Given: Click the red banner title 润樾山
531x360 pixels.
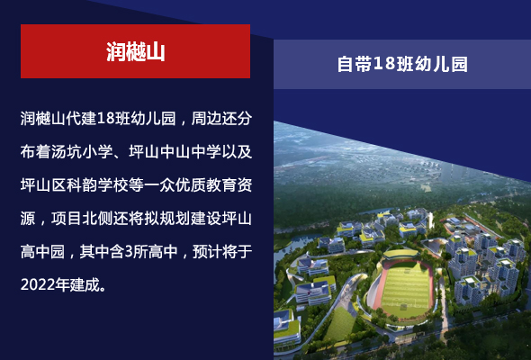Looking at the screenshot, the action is (136, 52).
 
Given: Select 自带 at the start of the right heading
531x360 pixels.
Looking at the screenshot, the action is (355, 64).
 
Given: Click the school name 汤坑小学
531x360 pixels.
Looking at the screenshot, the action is (82, 151).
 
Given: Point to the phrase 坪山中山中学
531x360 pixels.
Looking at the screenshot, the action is (175, 151).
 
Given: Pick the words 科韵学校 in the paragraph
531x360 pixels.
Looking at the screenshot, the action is (97, 184).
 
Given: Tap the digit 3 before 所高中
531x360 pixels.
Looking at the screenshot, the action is (129, 252).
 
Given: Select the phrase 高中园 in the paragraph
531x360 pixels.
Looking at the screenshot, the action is (42, 252).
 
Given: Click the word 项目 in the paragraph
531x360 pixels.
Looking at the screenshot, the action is (67, 219).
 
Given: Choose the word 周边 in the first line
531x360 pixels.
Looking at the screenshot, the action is (206, 118).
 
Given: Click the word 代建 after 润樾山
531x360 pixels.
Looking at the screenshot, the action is (82, 118).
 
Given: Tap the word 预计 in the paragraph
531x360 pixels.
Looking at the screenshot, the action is (207, 252).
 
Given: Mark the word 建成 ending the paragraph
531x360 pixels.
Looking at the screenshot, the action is (85, 284).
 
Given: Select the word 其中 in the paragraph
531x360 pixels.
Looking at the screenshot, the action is (94, 252).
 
